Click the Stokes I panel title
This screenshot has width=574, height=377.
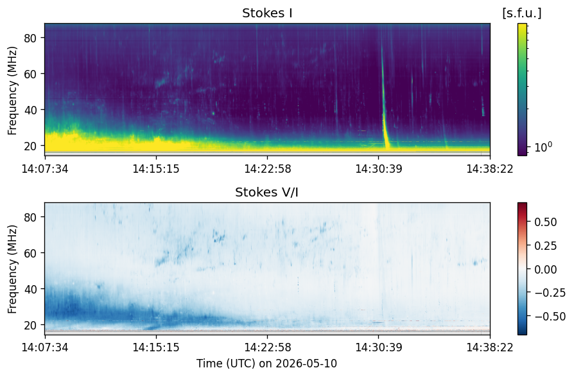(x=267, y=13)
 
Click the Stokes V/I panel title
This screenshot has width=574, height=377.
(x=266, y=192)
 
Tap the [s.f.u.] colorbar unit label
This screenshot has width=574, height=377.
(x=521, y=13)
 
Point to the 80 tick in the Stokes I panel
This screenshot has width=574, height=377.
(x=30, y=38)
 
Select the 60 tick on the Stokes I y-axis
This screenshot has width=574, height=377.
(x=30, y=74)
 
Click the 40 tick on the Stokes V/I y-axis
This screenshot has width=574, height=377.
(x=30, y=289)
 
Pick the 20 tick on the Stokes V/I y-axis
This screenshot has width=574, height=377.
(x=30, y=325)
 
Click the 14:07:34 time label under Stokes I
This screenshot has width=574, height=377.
(x=45, y=169)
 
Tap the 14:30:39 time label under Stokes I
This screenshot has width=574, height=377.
(x=379, y=169)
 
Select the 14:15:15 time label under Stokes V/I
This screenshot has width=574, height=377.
(x=156, y=347)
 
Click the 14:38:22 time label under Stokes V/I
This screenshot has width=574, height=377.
(x=490, y=347)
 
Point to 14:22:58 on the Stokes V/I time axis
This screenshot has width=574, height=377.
(x=268, y=347)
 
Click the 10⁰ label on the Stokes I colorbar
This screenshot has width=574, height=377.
(x=543, y=147)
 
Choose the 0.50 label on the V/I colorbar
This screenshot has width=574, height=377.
(x=546, y=222)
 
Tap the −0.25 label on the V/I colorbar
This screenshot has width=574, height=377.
(x=550, y=292)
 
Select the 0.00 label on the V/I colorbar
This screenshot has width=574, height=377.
(x=546, y=269)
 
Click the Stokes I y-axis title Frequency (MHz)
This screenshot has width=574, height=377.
(x=12, y=91)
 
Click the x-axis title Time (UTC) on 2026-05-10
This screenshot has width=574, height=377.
(x=267, y=364)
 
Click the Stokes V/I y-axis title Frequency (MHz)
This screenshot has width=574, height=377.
(x=12, y=270)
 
